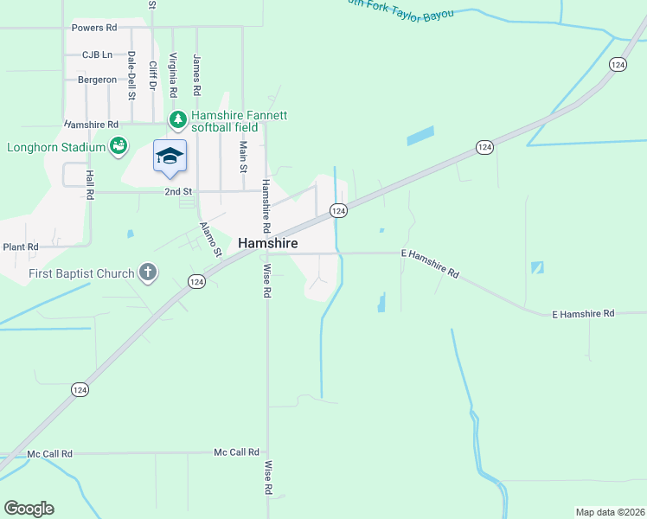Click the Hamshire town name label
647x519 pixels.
pos(268,244)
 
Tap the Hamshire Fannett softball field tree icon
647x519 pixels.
pos(177,119)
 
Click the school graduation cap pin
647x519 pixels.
pos(170,156)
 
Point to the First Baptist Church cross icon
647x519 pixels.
pos(148,273)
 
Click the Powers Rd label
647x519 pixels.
pos(94,28)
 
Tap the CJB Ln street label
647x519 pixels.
pos(98,54)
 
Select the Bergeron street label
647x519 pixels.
pos(97,80)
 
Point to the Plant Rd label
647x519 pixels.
pos(21,247)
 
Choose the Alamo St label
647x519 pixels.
pos(211,240)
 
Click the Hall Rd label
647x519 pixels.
pos(89,183)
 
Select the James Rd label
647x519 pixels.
pos(197,75)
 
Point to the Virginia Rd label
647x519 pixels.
pos(174,75)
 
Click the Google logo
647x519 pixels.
pos(29,509)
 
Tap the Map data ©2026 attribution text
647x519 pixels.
pos(610,511)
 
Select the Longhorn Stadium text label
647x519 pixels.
pos(56,147)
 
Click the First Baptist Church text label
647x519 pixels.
pos(81,273)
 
